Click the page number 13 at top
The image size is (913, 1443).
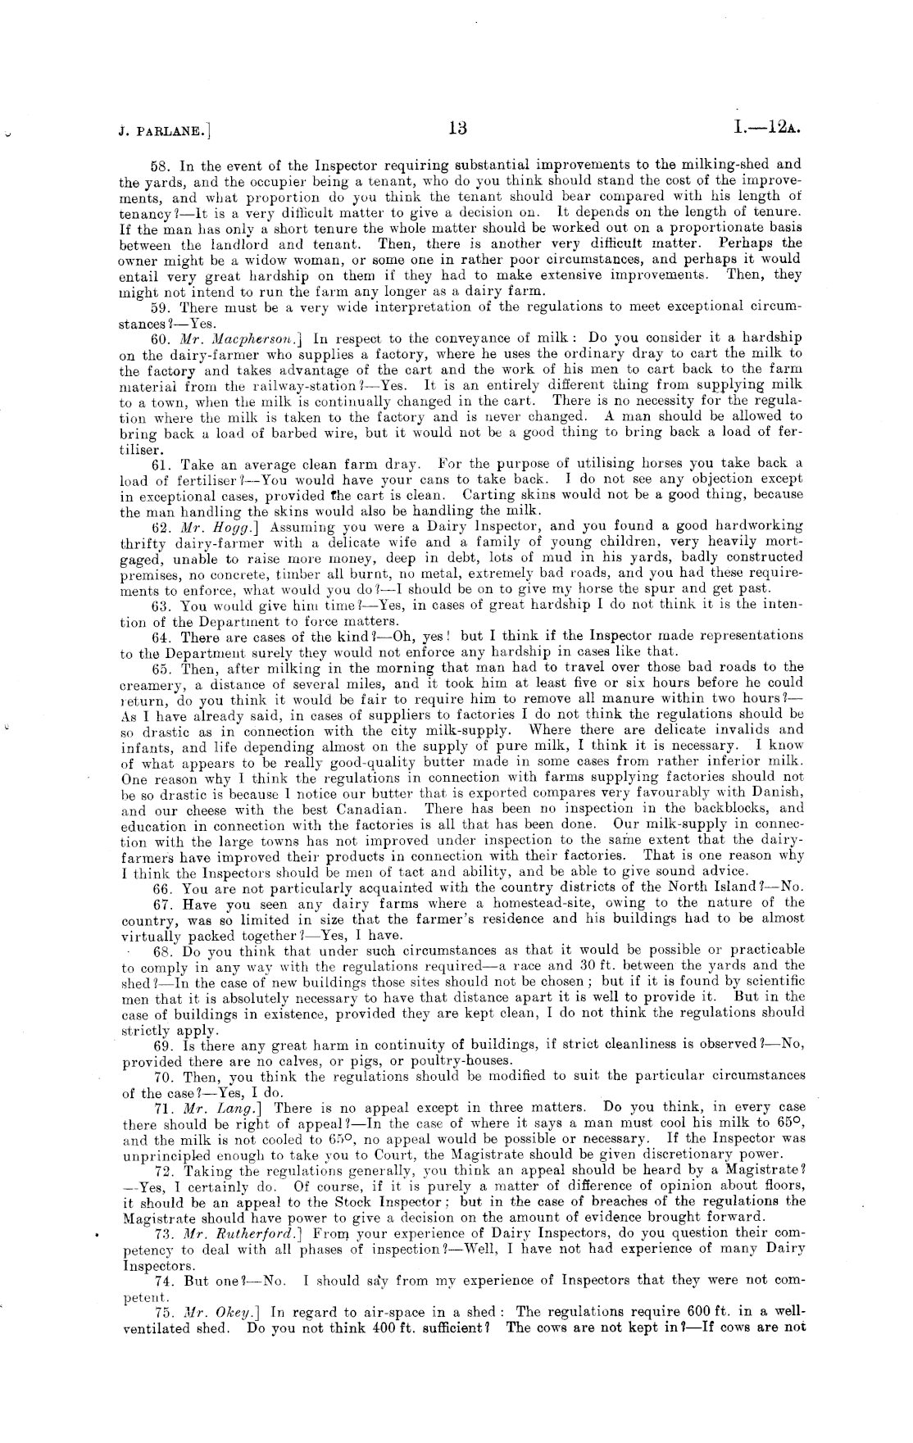click(x=456, y=128)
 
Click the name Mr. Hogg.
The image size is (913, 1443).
click(x=209, y=526)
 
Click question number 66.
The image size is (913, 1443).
click(x=163, y=887)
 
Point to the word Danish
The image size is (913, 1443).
click(x=776, y=792)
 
